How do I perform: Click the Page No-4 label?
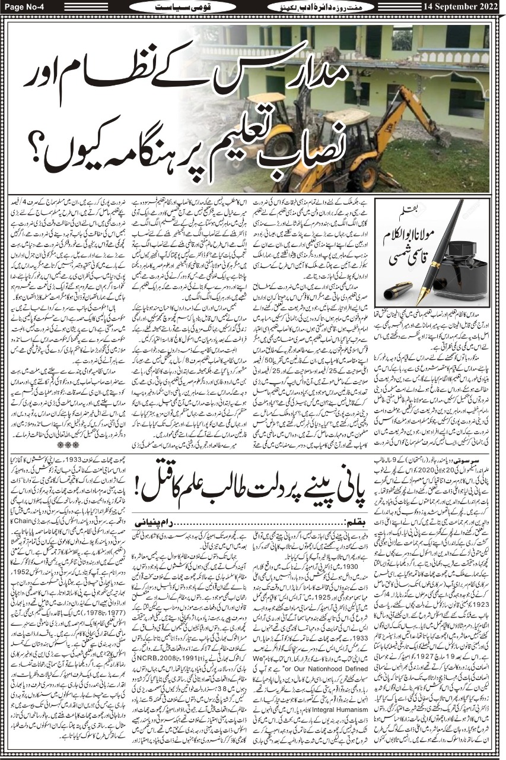click(23, 7)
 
